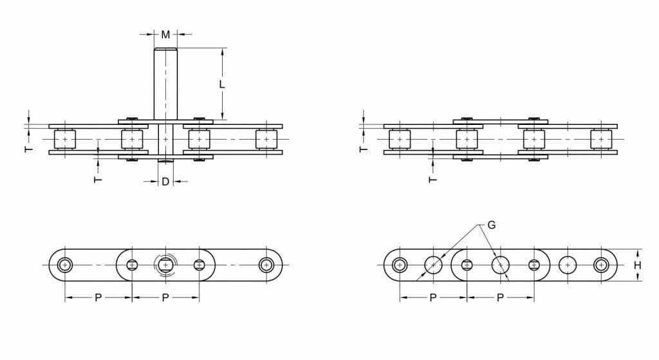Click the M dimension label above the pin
[165, 34]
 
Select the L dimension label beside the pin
[221, 84]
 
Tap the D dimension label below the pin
[165, 182]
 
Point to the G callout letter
[491, 225]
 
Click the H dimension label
[637, 265]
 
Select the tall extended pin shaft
[165, 84]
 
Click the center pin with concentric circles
[165, 265]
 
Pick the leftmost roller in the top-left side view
[65, 139]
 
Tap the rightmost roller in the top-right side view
[600, 139]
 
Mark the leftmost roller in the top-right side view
[400, 139]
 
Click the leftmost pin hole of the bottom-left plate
[65, 265]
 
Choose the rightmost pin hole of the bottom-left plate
[266, 265]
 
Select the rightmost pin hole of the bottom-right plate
[600, 265]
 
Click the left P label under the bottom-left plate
[98, 298]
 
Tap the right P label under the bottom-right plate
[500, 298]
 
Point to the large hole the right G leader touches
[500, 265]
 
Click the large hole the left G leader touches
[433, 265]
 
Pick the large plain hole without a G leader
[567, 265]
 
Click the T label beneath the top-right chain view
[432, 179]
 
